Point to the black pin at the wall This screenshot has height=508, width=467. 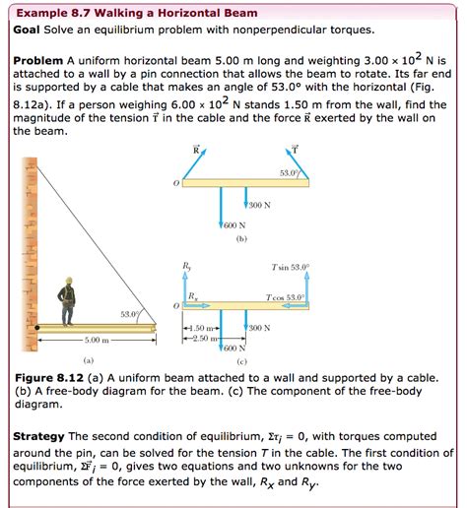click(37, 328)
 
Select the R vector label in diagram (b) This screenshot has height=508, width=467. click(197, 151)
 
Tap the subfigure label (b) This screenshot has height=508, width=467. click(240, 237)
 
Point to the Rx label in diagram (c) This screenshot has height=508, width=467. click(192, 297)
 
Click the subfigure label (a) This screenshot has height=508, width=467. click(89, 360)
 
